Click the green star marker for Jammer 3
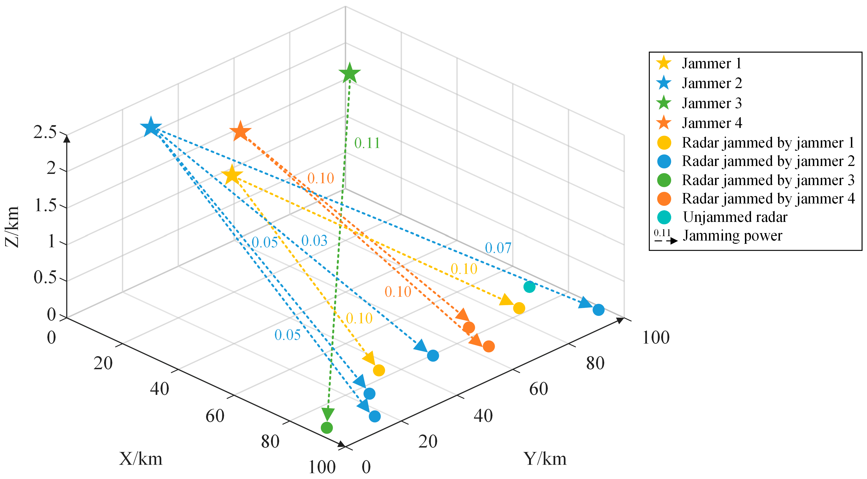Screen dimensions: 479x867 [350, 73]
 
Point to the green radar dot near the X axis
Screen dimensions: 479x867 [327, 427]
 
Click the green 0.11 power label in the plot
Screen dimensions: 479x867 [367, 143]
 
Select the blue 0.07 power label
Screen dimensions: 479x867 [498, 248]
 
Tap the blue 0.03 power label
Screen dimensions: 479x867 [314, 241]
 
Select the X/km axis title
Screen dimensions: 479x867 [141, 458]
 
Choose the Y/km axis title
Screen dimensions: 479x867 [545, 458]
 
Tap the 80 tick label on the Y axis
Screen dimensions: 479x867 [595, 363]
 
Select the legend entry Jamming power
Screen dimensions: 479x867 [732, 236]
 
